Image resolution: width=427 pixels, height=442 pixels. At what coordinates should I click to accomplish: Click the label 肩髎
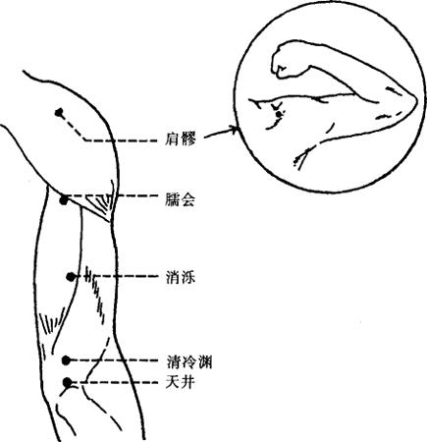[x=181, y=140]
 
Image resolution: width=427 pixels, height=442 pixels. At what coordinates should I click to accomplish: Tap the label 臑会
[x=181, y=199]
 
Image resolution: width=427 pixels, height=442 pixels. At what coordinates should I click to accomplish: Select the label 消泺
[x=181, y=278]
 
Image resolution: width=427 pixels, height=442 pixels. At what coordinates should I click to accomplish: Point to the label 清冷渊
[x=189, y=361]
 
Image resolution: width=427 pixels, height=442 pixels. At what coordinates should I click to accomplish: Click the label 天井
[x=181, y=382]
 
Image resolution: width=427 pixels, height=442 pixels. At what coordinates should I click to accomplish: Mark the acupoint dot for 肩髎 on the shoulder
[x=59, y=113]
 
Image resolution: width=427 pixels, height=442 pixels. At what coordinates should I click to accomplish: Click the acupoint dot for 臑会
[x=64, y=199]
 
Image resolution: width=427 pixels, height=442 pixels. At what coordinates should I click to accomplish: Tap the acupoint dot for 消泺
[x=71, y=277]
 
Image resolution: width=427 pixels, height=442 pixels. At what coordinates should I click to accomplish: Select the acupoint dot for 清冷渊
[x=67, y=360]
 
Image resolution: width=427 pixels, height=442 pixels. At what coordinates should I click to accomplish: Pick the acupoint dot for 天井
[x=67, y=382]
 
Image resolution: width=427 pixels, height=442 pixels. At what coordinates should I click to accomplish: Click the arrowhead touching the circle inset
[x=234, y=130]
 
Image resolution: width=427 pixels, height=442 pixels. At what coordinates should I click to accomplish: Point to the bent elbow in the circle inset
[x=404, y=101]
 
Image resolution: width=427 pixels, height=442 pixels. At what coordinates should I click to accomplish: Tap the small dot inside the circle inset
[x=279, y=114]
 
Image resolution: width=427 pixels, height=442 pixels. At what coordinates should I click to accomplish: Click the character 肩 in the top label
[x=173, y=140]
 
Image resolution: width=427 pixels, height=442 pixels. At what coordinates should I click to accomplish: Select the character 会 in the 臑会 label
[x=188, y=199]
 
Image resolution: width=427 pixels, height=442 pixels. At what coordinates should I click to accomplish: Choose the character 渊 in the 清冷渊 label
[x=205, y=361]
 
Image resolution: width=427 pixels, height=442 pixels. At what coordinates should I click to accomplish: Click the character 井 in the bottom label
[x=188, y=382]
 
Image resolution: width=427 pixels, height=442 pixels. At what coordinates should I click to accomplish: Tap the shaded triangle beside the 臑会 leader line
[x=100, y=204]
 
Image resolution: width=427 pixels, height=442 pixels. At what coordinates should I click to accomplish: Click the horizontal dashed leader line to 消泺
[x=119, y=276]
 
